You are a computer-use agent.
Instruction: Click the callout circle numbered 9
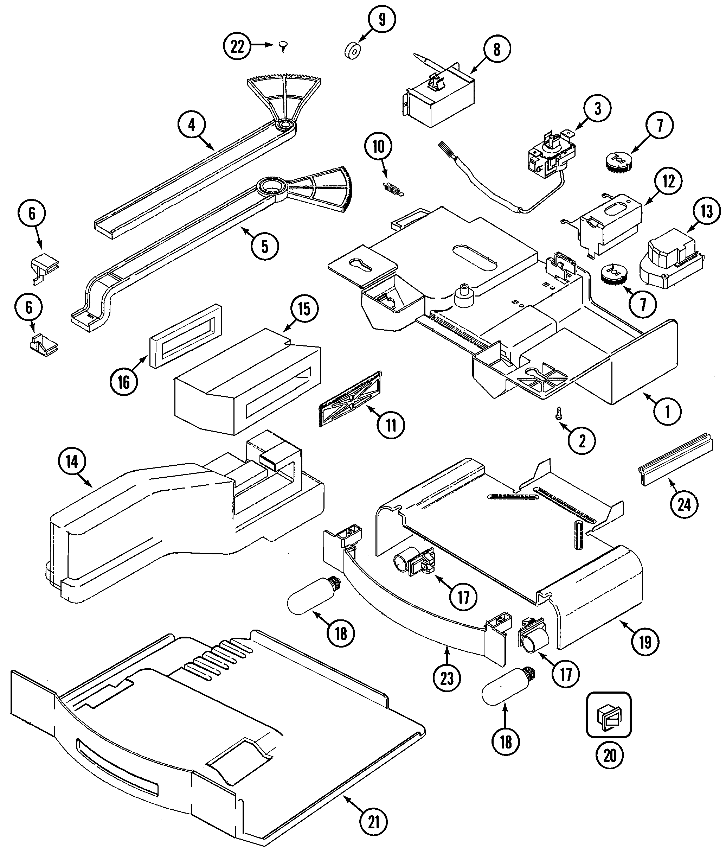(382, 19)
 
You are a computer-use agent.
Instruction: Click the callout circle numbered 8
(497, 49)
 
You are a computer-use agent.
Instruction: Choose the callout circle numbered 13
(707, 212)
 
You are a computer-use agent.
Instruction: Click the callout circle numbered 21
(373, 822)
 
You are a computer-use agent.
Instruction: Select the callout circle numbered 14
(72, 462)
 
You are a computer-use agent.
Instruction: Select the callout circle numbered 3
(597, 109)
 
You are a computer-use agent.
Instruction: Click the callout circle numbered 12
(668, 181)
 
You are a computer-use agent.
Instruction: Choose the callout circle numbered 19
(645, 642)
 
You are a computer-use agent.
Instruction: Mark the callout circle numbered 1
(667, 411)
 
